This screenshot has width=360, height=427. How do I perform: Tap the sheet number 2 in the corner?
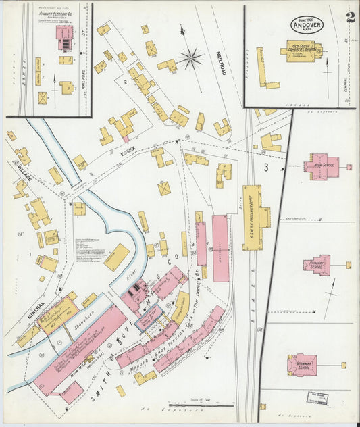click(350, 18)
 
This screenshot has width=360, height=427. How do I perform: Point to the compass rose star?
click(191, 58)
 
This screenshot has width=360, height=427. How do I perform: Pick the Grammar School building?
click(302, 364)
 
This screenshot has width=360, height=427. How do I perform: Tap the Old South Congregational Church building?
click(301, 51)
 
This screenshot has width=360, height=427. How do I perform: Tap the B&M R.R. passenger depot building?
click(255, 216)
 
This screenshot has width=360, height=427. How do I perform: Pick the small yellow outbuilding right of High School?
click(349, 166)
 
